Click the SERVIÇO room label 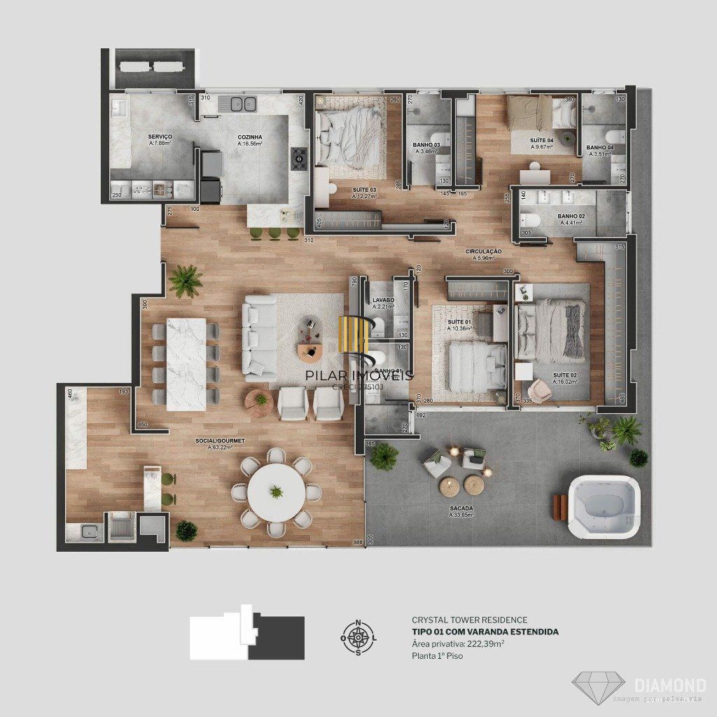pyautogui.click(x=160, y=137)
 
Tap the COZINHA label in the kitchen pyautogui.click(x=249, y=137)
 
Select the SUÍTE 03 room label pyautogui.click(x=363, y=190)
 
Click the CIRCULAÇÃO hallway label pyautogui.click(x=484, y=251)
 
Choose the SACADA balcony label pyautogui.click(x=461, y=508)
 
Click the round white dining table pyautogui.click(x=277, y=492)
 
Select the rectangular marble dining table pyautogui.click(x=186, y=363)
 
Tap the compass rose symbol pyautogui.click(x=358, y=637)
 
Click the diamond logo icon pyautogui.click(x=599, y=687)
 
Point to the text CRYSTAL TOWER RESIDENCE pyautogui.click(x=469, y=620)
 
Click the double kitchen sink pyautogui.click(x=238, y=104)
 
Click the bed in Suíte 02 pyautogui.click(x=552, y=330)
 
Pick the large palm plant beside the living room pyautogui.click(x=186, y=280)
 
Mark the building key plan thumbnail pyautogui.click(x=247, y=634)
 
